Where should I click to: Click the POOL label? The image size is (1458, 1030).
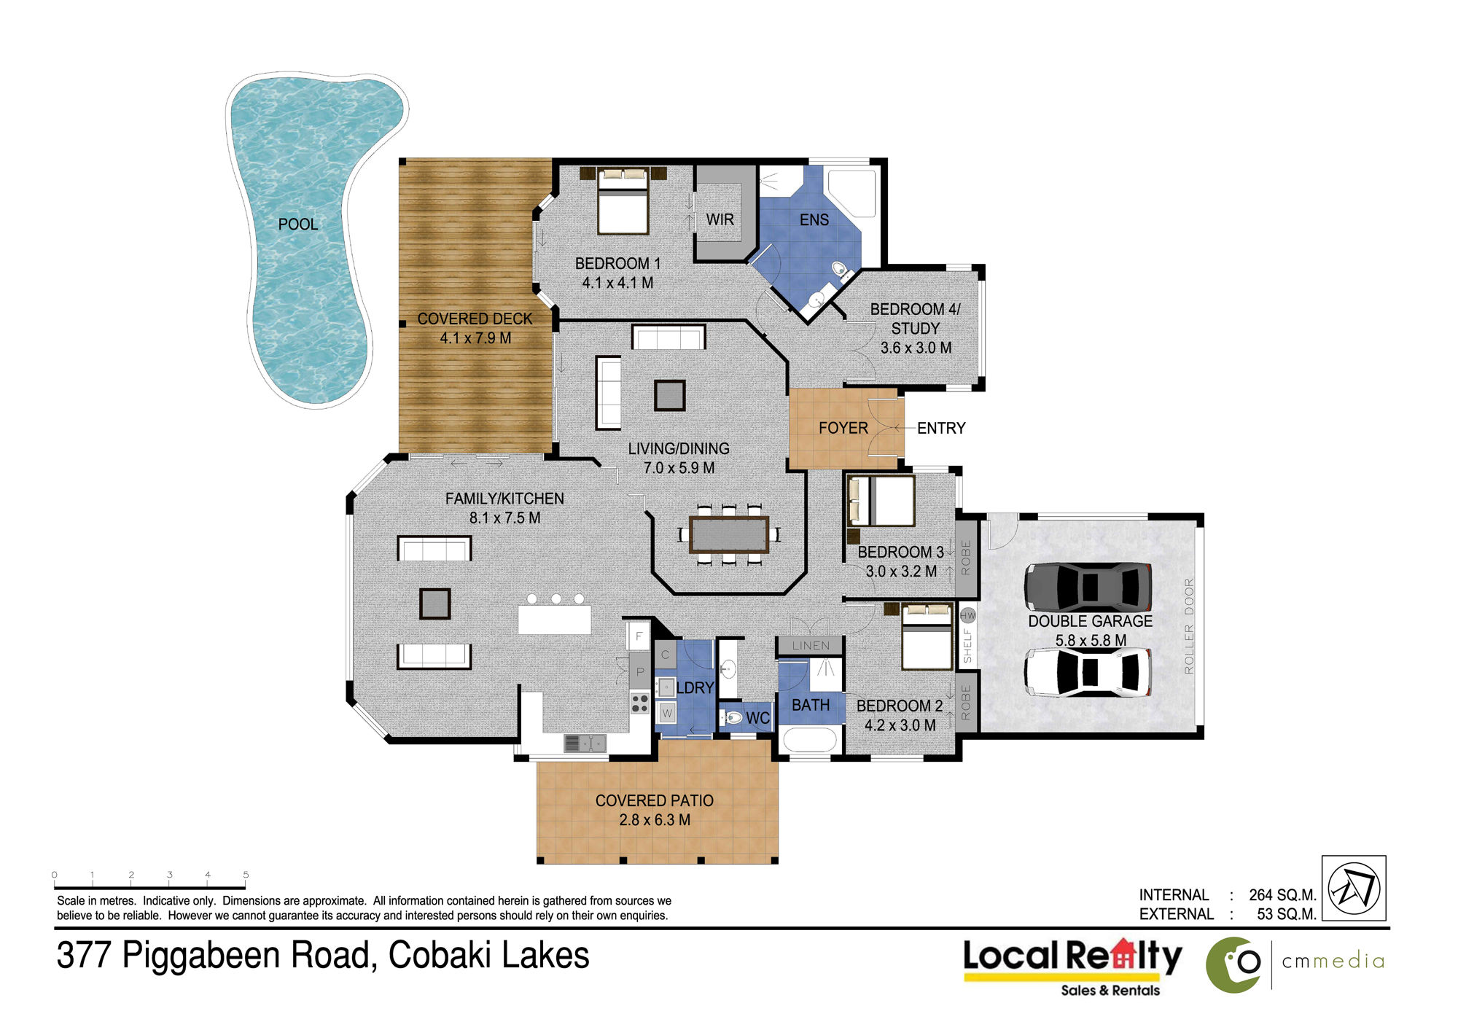298,225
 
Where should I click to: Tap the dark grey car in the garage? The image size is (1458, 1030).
1088,586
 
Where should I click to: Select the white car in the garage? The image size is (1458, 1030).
1088,672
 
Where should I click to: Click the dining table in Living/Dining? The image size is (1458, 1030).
729,534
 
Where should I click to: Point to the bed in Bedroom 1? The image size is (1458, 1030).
623,200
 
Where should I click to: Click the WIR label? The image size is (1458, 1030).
720,219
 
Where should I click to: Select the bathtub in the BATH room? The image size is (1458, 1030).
809,740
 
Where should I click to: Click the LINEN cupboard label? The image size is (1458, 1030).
811,646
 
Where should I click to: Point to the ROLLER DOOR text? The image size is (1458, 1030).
1189,625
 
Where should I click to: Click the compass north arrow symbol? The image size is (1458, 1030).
1354,888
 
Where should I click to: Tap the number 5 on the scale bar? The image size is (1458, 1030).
246,874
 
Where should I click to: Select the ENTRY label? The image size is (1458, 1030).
941,429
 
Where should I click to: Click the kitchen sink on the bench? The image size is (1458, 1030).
585,743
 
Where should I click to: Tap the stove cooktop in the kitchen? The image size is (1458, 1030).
640,703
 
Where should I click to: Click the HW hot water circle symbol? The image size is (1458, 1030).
967,615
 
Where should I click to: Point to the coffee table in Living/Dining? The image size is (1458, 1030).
669,395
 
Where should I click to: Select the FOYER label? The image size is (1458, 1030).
843,429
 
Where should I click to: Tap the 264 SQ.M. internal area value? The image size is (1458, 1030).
1282,895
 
